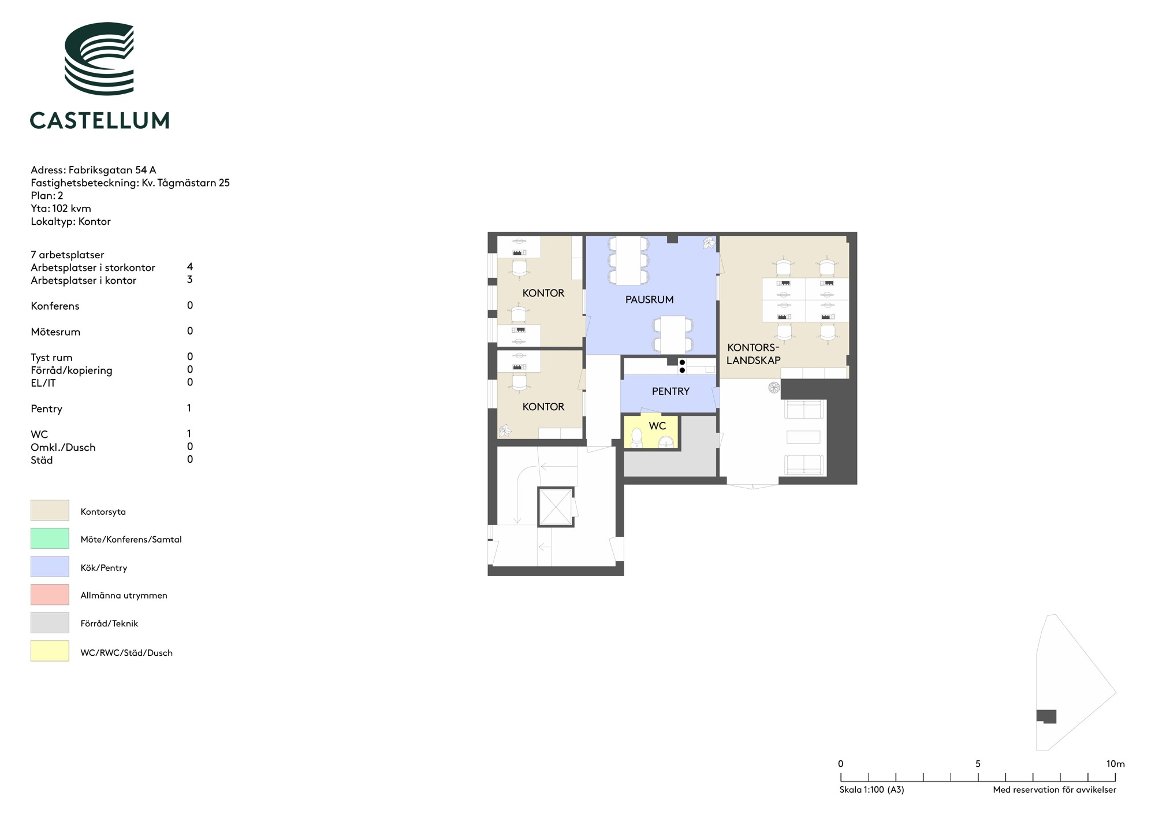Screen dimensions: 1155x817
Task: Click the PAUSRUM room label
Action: point(649,299)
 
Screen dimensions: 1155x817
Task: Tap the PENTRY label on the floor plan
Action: point(670,391)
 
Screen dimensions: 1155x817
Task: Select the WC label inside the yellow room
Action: point(657,426)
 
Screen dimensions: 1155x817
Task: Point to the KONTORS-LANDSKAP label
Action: point(753,354)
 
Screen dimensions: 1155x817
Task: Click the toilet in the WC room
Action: point(636,437)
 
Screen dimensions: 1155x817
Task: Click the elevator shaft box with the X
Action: point(556,507)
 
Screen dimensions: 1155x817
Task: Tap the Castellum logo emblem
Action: point(99,58)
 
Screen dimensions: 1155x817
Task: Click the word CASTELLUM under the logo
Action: point(99,120)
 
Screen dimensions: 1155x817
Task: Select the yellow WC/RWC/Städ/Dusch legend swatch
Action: point(50,651)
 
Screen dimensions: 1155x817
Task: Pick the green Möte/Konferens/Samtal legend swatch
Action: point(50,539)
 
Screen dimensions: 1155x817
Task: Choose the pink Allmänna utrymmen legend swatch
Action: point(50,595)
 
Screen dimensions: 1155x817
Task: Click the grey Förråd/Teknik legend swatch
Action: point(50,623)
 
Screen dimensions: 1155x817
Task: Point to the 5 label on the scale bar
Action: point(978,764)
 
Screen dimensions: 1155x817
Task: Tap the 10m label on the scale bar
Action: point(1116,764)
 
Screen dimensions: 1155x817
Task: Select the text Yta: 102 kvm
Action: point(61,209)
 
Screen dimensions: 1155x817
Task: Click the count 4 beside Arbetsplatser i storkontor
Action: point(190,267)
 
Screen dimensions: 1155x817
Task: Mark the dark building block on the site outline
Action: point(1046,716)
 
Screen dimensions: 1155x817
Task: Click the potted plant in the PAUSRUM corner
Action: point(709,243)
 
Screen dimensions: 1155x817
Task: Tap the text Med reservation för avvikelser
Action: point(1055,790)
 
